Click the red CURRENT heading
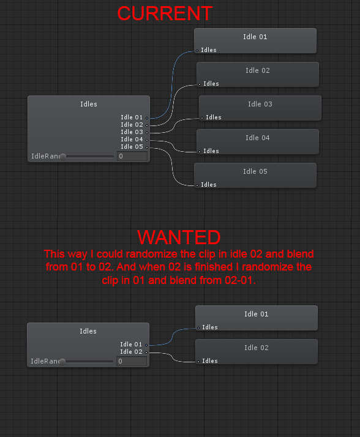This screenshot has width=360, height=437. point(165,13)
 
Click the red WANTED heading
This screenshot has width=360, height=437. point(179,237)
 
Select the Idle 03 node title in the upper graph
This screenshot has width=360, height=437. point(260,104)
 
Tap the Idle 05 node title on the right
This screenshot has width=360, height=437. point(255,171)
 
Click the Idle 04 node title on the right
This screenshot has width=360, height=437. point(257,138)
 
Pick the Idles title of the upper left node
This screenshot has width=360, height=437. point(89,104)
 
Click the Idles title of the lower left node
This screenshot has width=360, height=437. point(88,331)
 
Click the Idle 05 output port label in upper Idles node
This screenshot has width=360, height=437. point(132,147)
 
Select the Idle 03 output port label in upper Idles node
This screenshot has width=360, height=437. point(132,132)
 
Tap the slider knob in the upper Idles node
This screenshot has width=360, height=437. point(63,157)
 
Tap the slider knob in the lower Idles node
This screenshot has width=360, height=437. point(62,362)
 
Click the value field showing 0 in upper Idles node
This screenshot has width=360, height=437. point(132,156)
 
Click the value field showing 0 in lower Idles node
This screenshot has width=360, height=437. point(132,361)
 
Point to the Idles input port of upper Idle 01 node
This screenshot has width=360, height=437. point(197,51)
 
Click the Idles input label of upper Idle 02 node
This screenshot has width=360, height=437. point(211,84)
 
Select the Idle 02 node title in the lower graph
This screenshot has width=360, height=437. point(257,348)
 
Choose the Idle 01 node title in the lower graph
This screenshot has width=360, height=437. point(257,314)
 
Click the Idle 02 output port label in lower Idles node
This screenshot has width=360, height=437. point(132,352)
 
